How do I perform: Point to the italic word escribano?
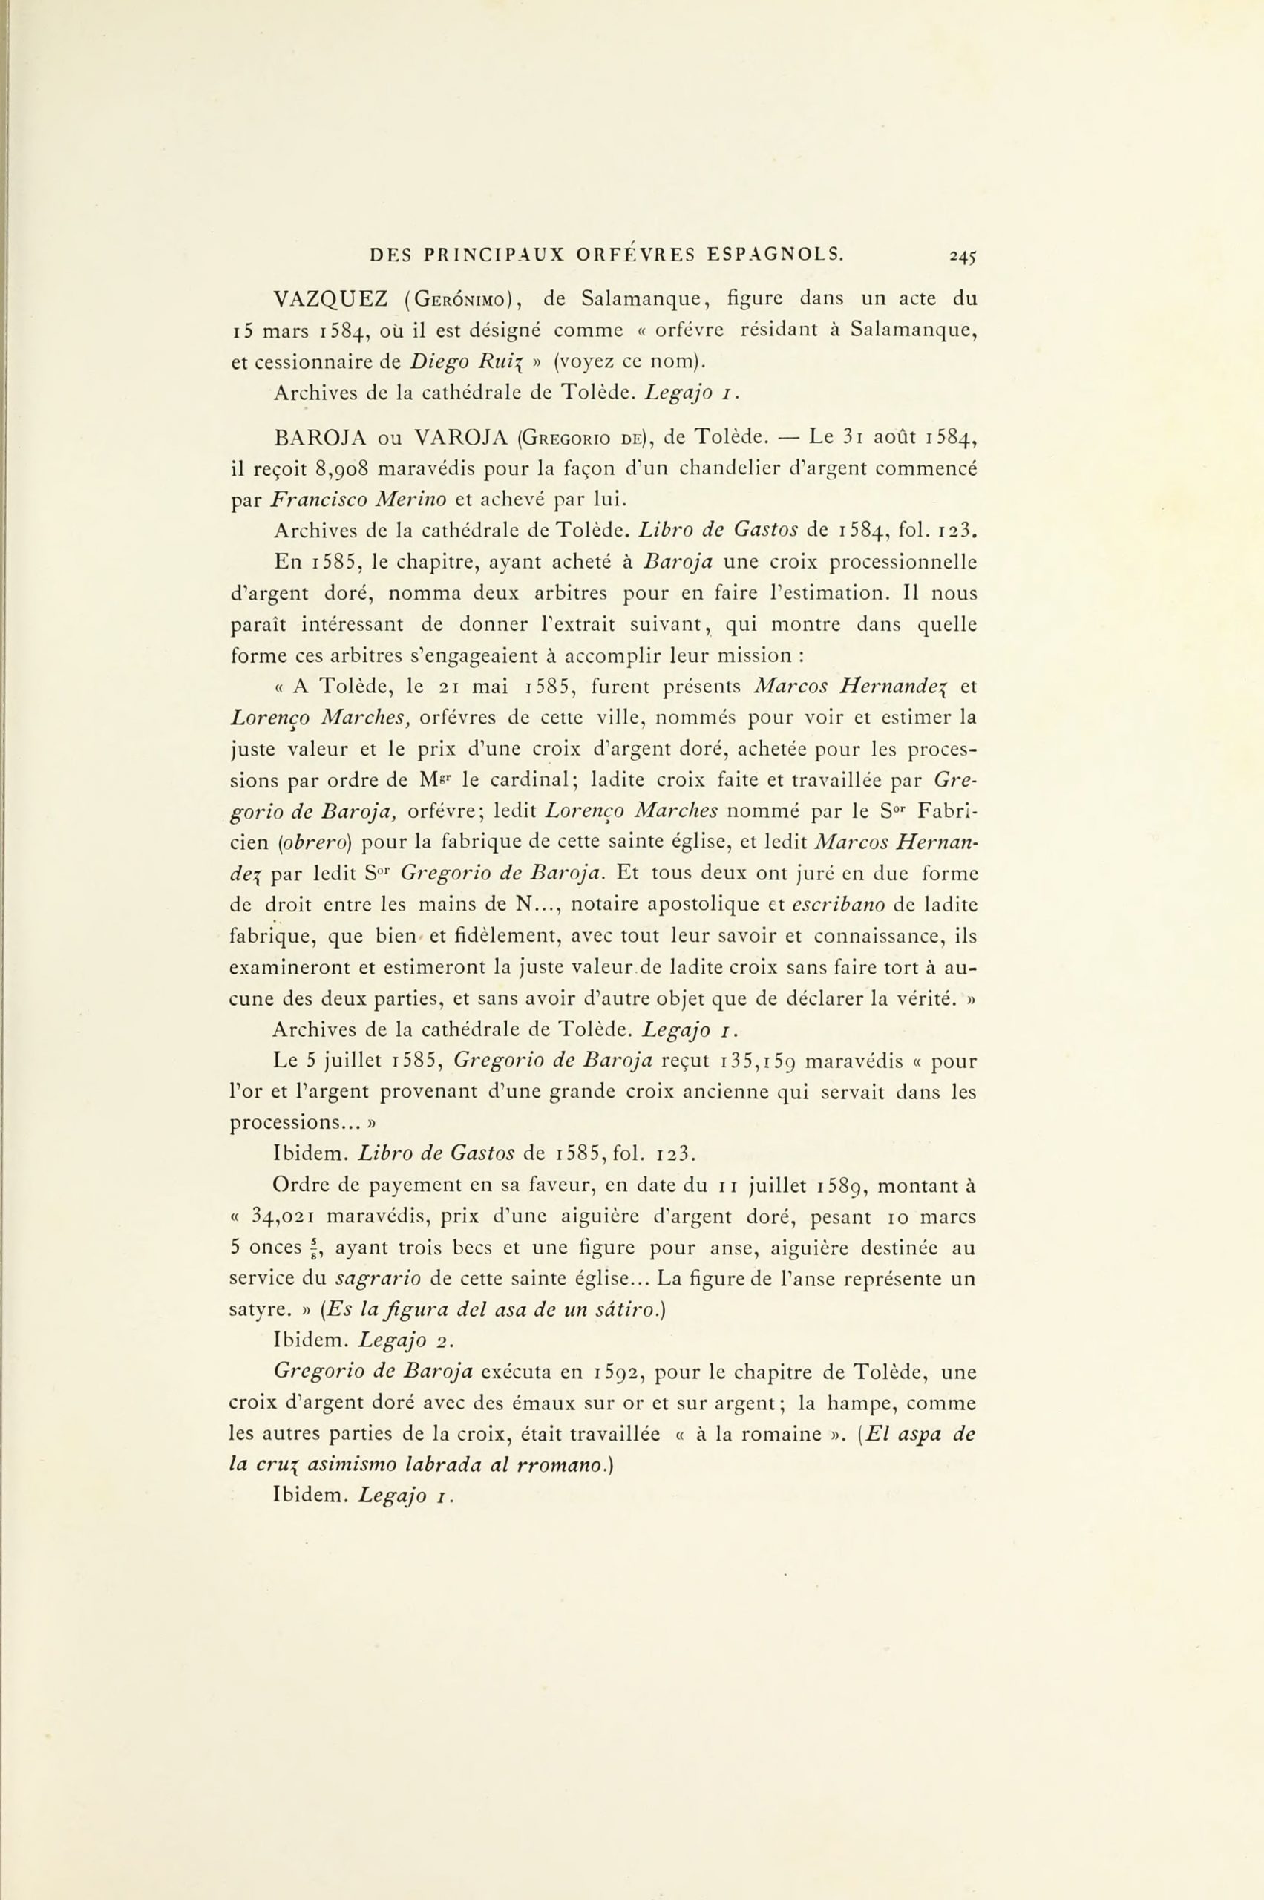839,905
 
